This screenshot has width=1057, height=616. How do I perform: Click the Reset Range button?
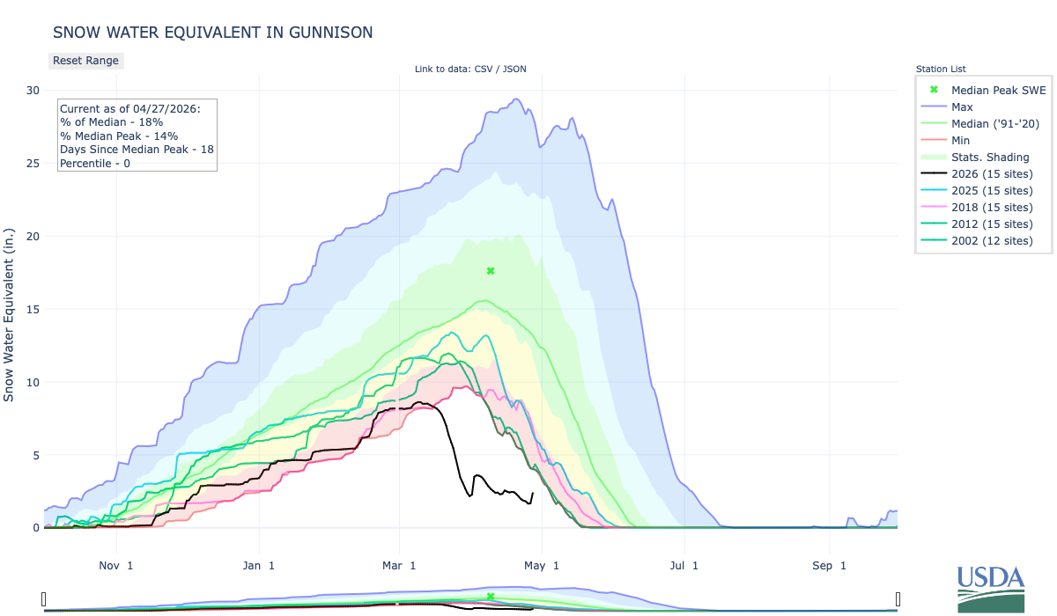pyautogui.click(x=85, y=61)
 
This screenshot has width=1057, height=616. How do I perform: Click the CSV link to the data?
pyautogui.click(x=484, y=69)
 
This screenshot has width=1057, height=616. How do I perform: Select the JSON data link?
pyautogui.click(x=514, y=69)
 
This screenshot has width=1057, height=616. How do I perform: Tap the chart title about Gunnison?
pyautogui.click(x=212, y=33)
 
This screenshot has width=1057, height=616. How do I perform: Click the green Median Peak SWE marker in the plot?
pyautogui.click(x=491, y=271)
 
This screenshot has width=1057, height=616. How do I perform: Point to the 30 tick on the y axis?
pyautogui.click(x=33, y=90)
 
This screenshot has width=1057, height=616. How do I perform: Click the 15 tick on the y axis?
pyautogui.click(x=33, y=309)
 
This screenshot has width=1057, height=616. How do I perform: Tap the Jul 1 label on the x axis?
pyautogui.click(x=683, y=565)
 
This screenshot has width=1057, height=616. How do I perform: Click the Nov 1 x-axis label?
pyautogui.click(x=116, y=565)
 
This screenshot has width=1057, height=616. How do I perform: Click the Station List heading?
pyautogui.click(x=941, y=69)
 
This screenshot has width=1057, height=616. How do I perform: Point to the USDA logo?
pyautogui.click(x=991, y=588)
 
